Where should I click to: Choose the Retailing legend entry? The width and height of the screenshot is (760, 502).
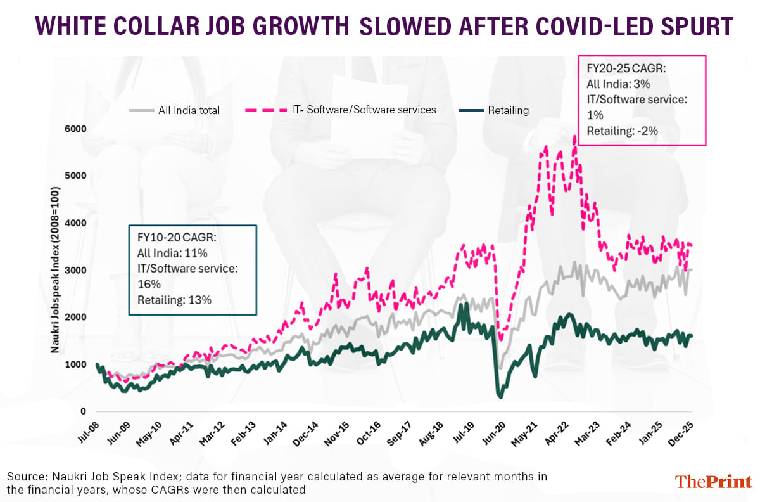pyautogui.click(x=508, y=110)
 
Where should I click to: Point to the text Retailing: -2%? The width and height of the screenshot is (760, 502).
pyautogui.click(x=623, y=131)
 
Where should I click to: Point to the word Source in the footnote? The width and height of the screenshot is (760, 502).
pyautogui.click(x=23, y=476)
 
